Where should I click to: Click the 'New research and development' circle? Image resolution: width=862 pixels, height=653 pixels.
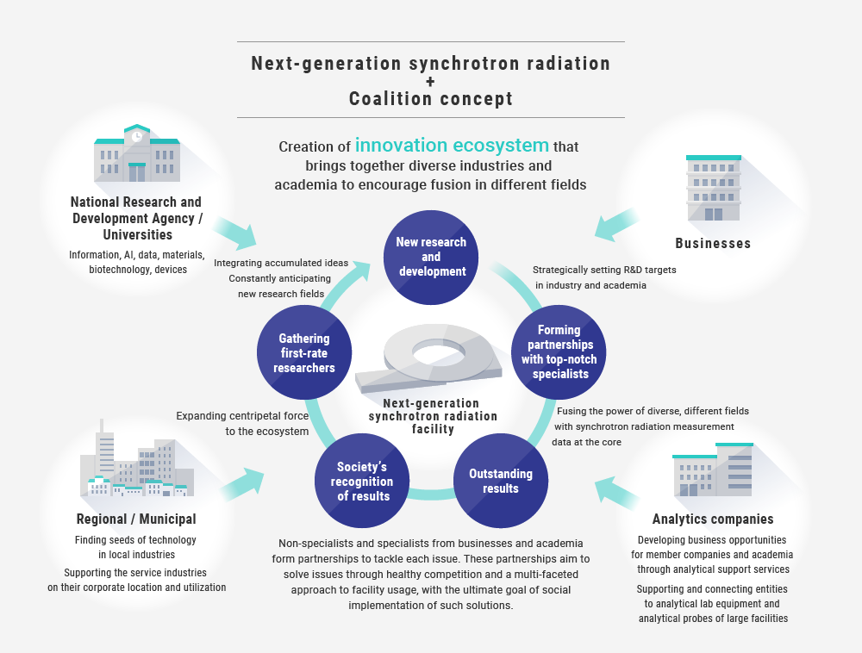[431, 257]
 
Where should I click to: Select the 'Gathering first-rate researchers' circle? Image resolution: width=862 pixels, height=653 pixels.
[304, 352]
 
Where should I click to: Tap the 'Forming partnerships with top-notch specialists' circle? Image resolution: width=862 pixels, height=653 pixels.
[559, 352]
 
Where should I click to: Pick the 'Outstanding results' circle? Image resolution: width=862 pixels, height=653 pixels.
[500, 481]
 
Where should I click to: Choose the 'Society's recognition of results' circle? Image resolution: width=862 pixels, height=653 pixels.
[362, 481]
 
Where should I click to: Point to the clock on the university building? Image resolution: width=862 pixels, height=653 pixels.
[137, 136]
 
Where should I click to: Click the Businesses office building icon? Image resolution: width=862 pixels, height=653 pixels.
[714, 188]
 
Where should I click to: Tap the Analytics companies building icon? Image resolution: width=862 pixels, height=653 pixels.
[713, 470]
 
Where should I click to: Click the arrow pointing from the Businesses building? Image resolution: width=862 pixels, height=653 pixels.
[617, 224]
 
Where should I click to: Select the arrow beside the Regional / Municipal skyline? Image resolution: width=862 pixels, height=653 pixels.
[242, 484]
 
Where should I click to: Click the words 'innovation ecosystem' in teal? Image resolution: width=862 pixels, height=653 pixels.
[452, 145]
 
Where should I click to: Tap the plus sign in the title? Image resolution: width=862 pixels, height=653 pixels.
[430, 81]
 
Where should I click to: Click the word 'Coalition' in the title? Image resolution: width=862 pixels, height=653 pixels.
[390, 99]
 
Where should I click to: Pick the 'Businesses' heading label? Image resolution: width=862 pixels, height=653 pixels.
[713, 243]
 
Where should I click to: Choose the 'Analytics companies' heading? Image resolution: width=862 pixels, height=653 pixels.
[713, 519]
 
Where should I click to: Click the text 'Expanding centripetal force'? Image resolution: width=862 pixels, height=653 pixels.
[242, 416]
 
